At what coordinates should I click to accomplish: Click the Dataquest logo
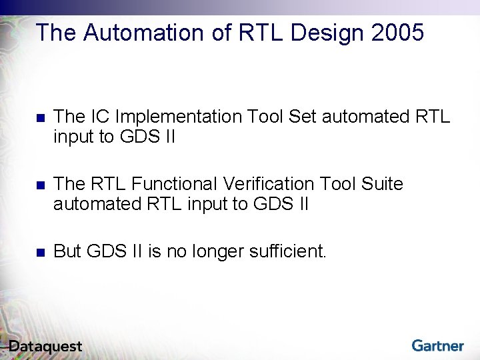click(45, 346)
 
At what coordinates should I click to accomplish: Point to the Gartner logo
click(437, 345)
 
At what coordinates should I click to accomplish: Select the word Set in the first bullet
click(303, 117)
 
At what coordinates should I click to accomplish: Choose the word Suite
click(382, 183)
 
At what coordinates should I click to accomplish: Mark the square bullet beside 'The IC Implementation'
click(39, 118)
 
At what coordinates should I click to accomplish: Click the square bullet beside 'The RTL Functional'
click(39, 185)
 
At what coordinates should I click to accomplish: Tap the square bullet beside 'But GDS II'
click(39, 252)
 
